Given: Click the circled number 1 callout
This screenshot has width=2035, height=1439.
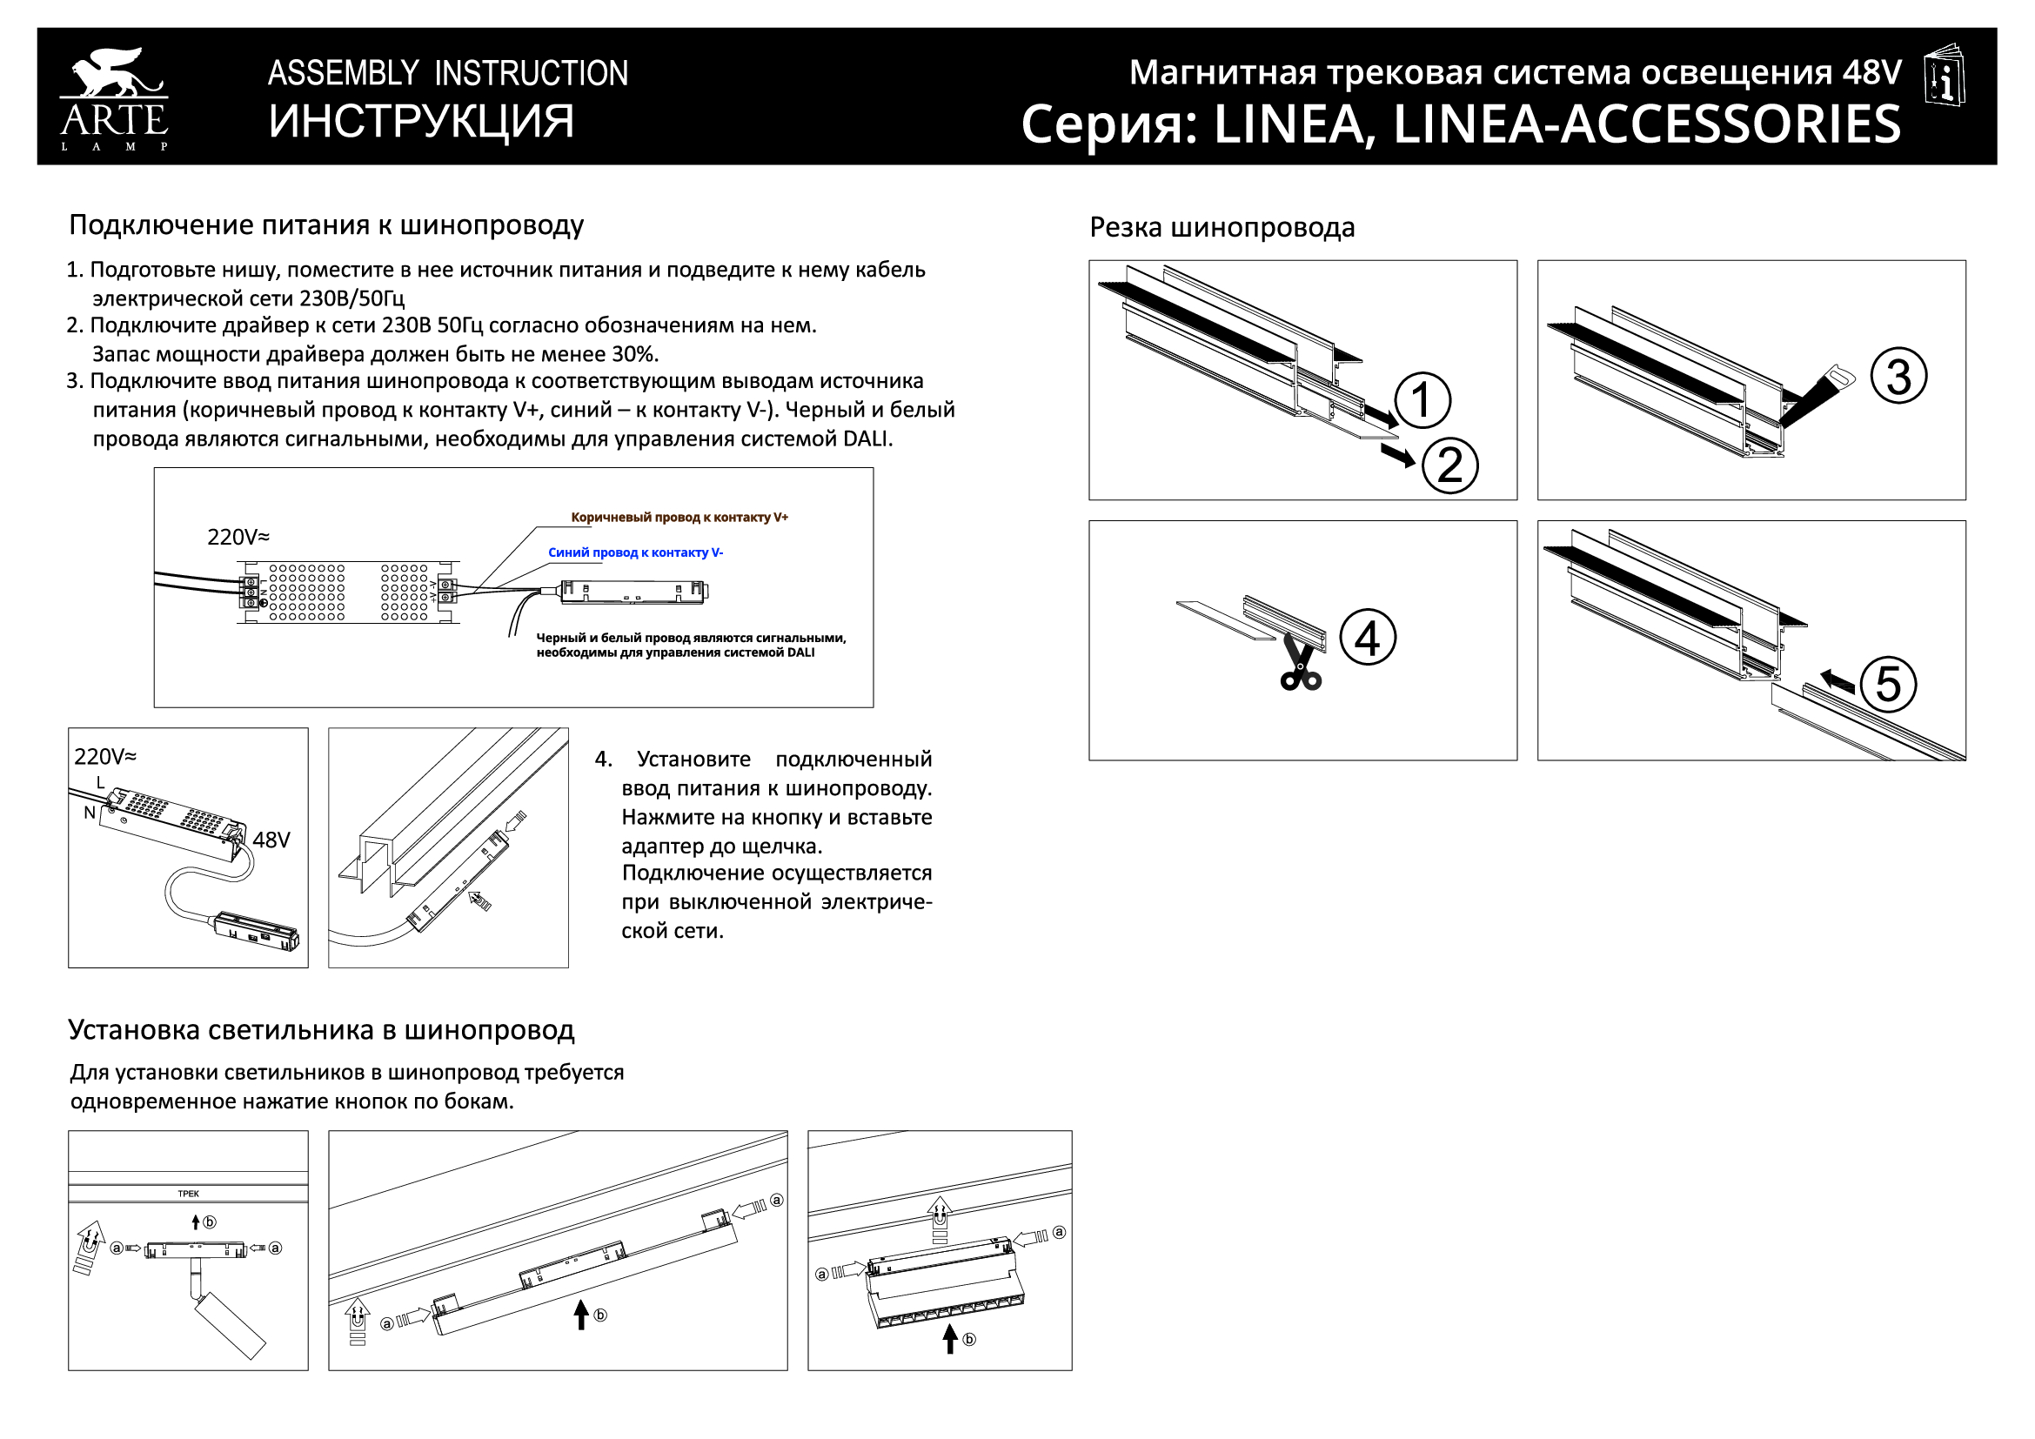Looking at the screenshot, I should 1422,400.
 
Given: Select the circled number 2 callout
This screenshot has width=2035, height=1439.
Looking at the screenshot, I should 1450,466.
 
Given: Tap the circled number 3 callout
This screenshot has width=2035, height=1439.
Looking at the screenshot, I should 1898,377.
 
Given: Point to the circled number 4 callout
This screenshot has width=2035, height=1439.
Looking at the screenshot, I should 1368,638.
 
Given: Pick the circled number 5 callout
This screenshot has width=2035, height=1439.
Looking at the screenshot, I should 1888,685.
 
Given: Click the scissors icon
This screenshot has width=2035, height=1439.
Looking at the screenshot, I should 1299,666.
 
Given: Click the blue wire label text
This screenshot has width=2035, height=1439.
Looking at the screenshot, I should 635,553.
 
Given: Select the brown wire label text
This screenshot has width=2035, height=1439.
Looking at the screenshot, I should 679,518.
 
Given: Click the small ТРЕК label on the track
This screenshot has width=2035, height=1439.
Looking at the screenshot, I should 188,1194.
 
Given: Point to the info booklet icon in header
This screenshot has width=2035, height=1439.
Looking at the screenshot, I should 1945,75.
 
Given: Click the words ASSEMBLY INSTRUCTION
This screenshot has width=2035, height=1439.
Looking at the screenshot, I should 447,74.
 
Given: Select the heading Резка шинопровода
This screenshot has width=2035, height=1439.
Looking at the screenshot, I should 1222,228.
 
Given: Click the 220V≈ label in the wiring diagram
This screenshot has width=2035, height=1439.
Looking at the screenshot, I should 238,537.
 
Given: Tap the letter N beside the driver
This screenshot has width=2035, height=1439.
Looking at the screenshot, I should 90,813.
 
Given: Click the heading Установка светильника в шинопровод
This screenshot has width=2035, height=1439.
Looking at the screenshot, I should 321,1029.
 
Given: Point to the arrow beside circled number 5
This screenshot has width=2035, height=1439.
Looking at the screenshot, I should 1837,680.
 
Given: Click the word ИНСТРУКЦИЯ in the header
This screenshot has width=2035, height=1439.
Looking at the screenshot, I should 421,122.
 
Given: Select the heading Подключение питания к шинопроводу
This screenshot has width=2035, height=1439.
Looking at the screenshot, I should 326,225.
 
